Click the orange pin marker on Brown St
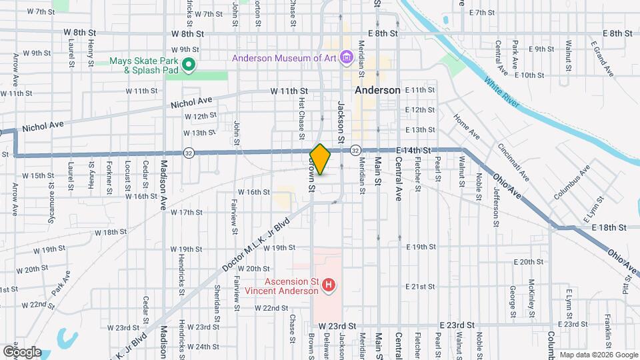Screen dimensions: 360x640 coord(320,159)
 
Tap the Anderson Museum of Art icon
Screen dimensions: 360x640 coord(346,58)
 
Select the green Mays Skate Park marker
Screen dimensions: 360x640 coord(188,65)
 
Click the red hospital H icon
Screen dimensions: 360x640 coord(328,286)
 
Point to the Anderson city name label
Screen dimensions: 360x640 coord(377,90)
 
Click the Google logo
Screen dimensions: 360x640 coord(22,351)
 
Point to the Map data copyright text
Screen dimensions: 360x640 coord(598,355)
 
